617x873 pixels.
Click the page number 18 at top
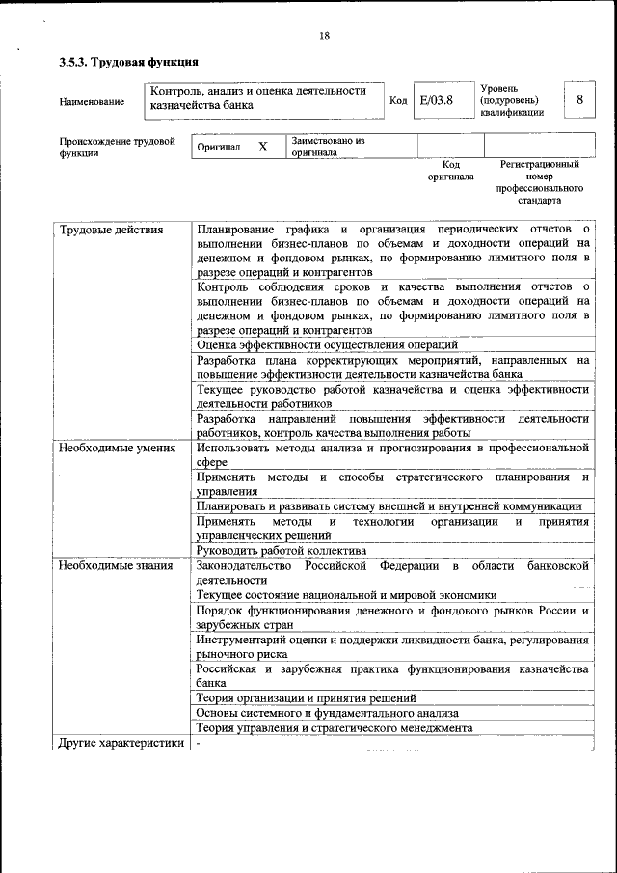(x=324, y=36)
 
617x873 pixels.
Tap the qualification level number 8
(x=578, y=100)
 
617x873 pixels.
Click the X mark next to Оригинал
(x=262, y=147)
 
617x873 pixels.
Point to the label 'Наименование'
(x=92, y=101)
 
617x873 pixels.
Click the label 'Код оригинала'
(x=450, y=171)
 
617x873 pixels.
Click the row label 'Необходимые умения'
(x=117, y=448)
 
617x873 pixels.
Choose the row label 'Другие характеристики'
(x=120, y=743)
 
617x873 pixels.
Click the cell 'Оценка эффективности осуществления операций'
(x=327, y=344)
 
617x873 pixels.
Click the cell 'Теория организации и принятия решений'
(x=306, y=697)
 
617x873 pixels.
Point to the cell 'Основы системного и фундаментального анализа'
(x=327, y=713)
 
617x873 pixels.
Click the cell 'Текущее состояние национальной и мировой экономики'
(x=346, y=595)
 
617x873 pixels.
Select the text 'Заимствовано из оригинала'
(x=328, y=147)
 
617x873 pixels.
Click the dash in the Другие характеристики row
(x=199, y=743)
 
